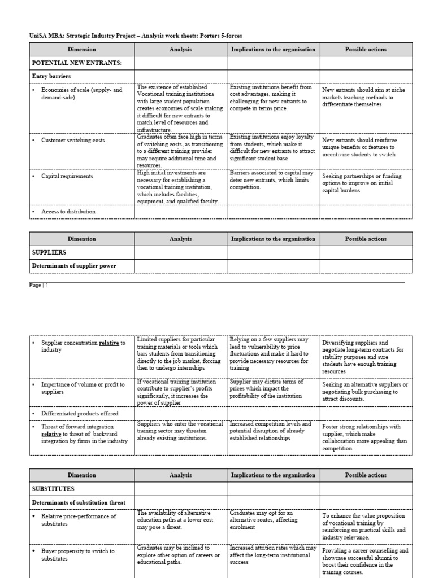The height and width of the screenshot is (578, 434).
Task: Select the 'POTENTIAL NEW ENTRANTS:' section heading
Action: (x=76, y=63)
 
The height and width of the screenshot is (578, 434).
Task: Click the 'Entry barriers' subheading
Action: (x=51, y=76)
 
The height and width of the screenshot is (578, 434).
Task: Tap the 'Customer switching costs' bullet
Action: (x=73, y=140)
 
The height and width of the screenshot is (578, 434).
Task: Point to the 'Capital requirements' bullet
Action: (x=67, y=176)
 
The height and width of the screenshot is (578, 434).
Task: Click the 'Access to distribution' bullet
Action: (x=68, y=212)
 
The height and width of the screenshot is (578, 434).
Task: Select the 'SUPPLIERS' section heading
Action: (x=50, y=252)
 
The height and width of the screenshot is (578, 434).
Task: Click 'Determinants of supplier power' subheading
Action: (x=74, y=265)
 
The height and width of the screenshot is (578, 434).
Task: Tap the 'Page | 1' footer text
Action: (x=39, y=286)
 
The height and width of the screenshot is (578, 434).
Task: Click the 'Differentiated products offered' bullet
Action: (x=80, y=414)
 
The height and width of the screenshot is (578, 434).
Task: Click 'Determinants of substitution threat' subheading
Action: (x=79, y=502)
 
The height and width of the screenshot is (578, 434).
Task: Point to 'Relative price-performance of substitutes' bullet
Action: (x=79, y=520)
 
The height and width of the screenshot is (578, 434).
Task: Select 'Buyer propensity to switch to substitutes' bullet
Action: (x=77, y=555)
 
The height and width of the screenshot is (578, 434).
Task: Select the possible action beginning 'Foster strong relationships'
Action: (x=364, y=437)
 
